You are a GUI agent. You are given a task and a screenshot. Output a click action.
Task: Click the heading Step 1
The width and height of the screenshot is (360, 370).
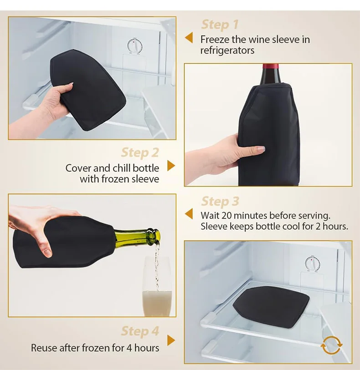point(220,25)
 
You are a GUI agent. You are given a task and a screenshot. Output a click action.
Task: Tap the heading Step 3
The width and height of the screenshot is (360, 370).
point(220,201)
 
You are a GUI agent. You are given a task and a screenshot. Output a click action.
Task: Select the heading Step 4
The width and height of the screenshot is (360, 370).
point(140,331)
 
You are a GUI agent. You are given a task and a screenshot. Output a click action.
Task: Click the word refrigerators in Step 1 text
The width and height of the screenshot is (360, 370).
point(227,51)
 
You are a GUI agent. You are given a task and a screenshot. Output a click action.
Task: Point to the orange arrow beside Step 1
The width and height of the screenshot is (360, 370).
point(189,38)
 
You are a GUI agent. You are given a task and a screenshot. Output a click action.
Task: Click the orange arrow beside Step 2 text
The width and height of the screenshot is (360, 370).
point(171,166)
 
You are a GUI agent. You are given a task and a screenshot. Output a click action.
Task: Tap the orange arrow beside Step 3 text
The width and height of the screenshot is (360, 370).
point(189,214)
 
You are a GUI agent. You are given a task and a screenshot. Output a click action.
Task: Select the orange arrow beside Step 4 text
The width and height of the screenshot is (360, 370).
point(171,340)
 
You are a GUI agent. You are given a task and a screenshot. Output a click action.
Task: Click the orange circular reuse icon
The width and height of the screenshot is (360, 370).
point(331,345)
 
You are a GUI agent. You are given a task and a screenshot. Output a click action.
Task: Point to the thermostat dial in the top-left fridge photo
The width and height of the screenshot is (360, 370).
point(134,46)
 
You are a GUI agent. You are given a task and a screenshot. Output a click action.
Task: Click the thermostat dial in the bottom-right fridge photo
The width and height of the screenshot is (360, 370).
point(312,264)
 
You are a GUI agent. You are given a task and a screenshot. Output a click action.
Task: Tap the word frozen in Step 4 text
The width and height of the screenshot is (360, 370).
point(105,348)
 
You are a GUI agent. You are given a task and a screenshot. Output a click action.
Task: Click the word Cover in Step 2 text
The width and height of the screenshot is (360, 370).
point(78,168)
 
